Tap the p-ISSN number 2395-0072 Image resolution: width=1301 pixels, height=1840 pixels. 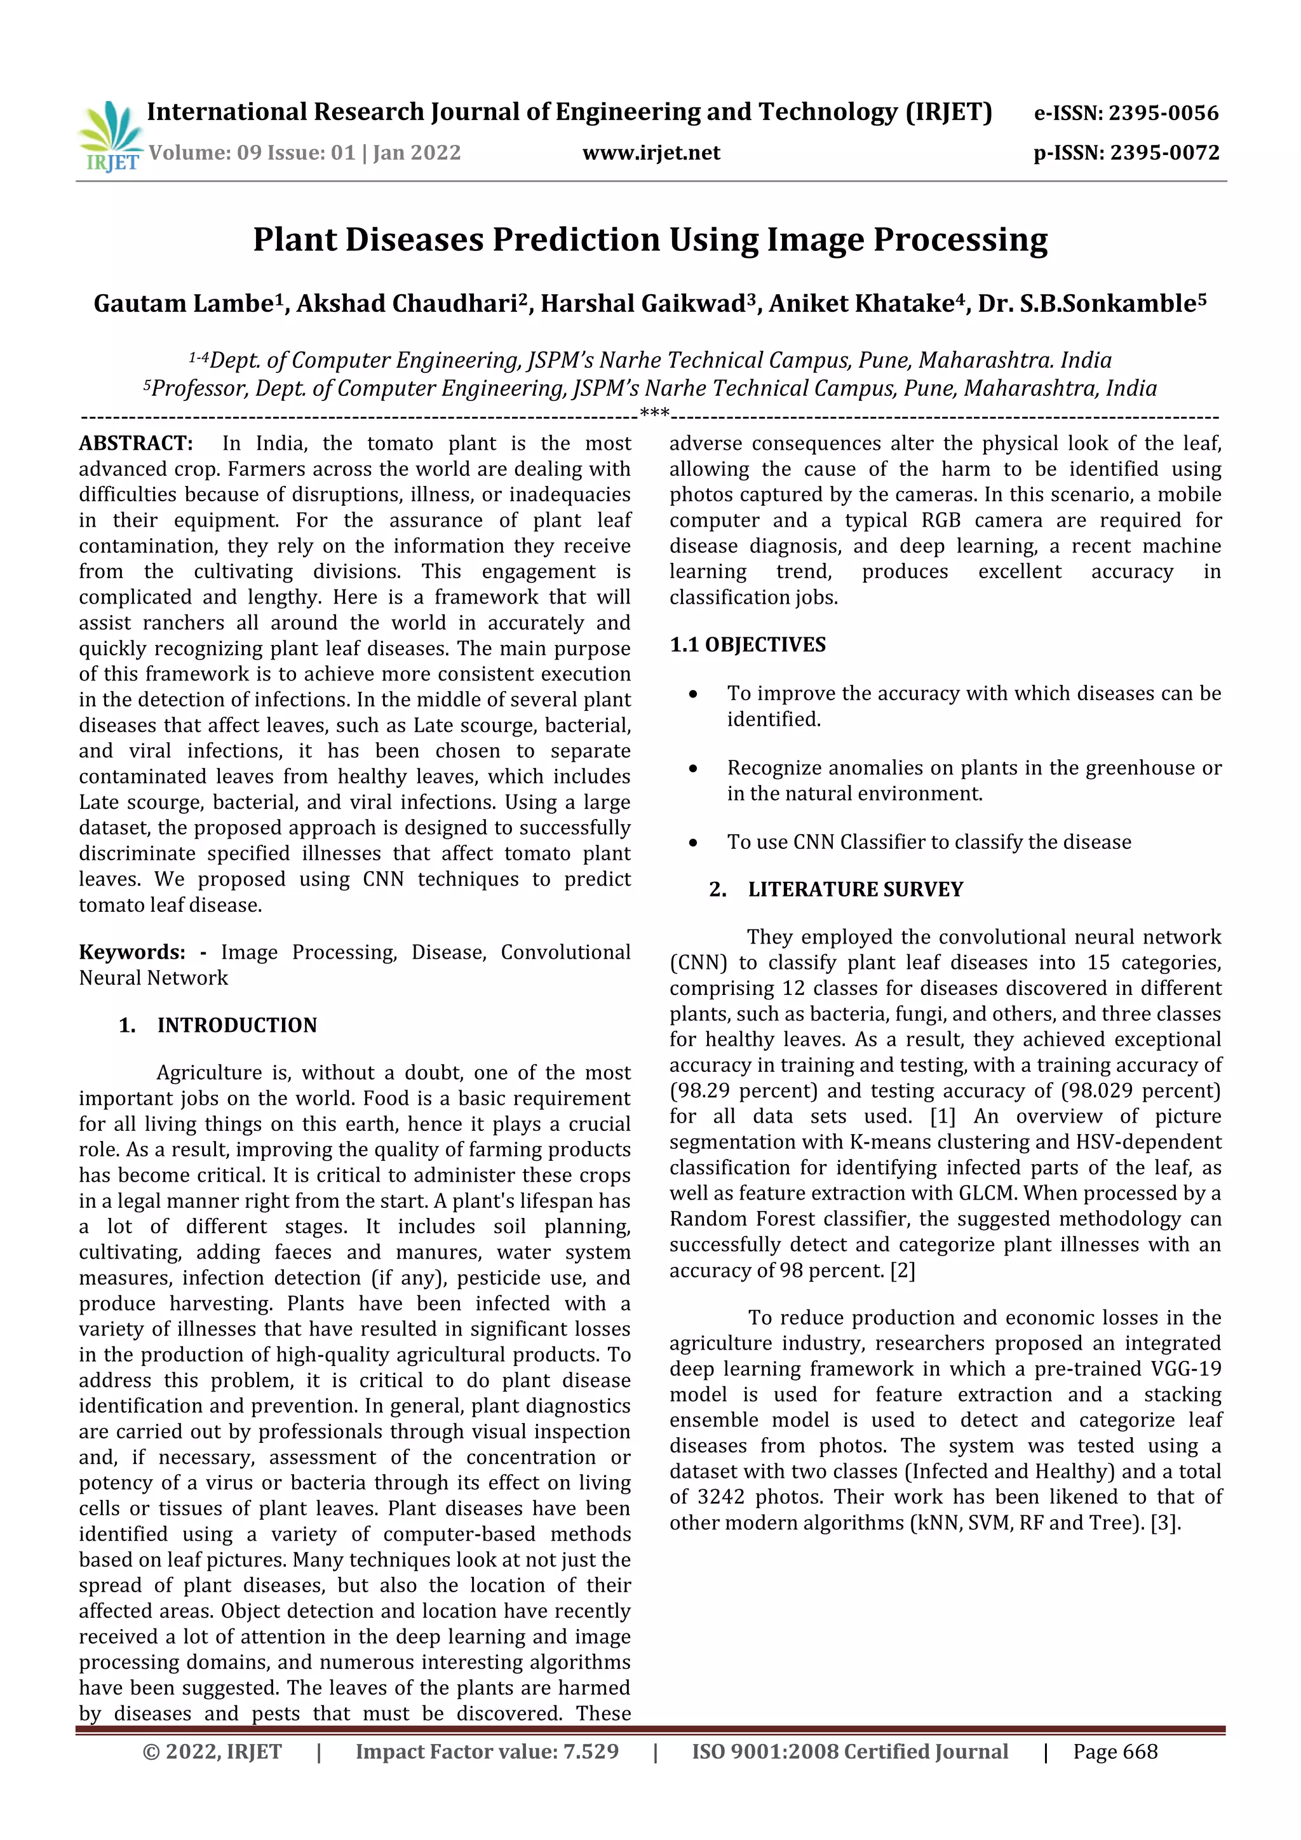pos(1165,152)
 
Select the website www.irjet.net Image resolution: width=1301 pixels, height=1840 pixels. pos(650,152)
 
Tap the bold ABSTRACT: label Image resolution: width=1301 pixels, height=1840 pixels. pos(135,443)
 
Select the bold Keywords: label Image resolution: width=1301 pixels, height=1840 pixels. pos(131,952)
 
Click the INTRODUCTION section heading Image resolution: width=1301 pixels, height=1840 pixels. pos(236,1025)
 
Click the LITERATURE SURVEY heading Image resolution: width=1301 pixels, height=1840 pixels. pos(855,890)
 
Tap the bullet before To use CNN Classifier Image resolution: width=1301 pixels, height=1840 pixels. pos(693,843)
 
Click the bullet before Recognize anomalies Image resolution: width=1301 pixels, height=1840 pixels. pos(693,769)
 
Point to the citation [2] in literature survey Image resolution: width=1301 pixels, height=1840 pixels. pos(902,1270)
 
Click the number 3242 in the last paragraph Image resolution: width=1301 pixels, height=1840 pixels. pos(719,1497)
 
